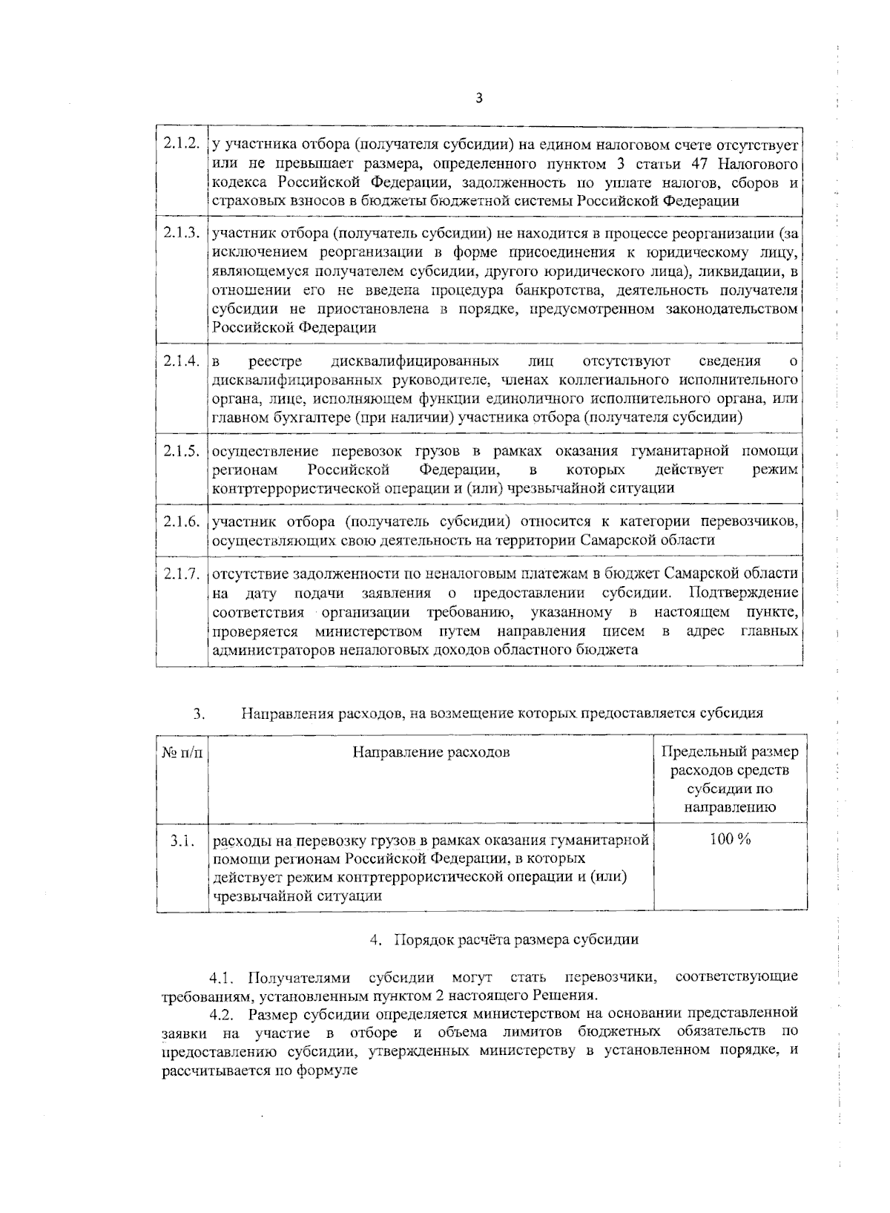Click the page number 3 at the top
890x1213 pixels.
pyautogui.click(x=478, y=97)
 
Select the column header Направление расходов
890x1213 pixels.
pyautogui.click(x=431, y=752)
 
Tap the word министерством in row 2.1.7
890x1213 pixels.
pyautogui.click(x=368, y=631)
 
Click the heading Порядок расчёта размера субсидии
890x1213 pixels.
pyautogui.click(x=515, y=939)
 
